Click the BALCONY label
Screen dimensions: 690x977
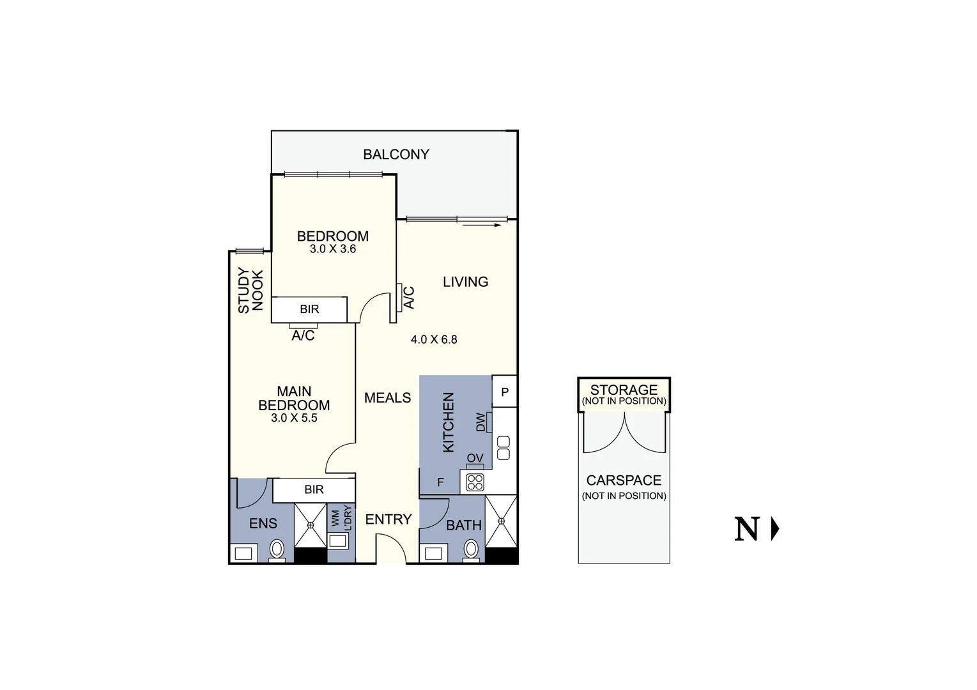(x=396, y=154)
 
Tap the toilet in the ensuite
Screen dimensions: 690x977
(x=277, y=549)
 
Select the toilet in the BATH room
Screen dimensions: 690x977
(x=471, y=549)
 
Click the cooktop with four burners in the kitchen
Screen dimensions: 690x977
(x=475, y=482)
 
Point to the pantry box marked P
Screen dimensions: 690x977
(x=504, y=392)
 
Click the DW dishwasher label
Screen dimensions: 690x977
(x=481, y=422)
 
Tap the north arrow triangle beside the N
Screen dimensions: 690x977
(x=775, y=529)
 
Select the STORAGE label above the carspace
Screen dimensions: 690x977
(x=624, y=390)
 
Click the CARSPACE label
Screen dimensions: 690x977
(x=624, y=480)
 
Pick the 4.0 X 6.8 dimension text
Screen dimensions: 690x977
(x=434, y=340)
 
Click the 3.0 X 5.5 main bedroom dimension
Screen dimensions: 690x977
(x=294, y=418)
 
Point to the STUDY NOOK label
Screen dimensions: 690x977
(x=250, y=291)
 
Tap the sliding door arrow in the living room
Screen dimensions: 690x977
(x=481, y=225)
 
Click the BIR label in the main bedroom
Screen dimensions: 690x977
(x=314, y=489)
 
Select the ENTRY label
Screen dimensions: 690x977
(x=388, y=519)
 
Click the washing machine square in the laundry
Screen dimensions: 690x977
(x=337, y=541)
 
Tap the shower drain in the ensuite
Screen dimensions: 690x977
(x=311, y=525)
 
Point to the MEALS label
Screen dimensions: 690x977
(x=387, y=398)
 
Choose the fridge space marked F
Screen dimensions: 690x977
(x=440, y=482)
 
